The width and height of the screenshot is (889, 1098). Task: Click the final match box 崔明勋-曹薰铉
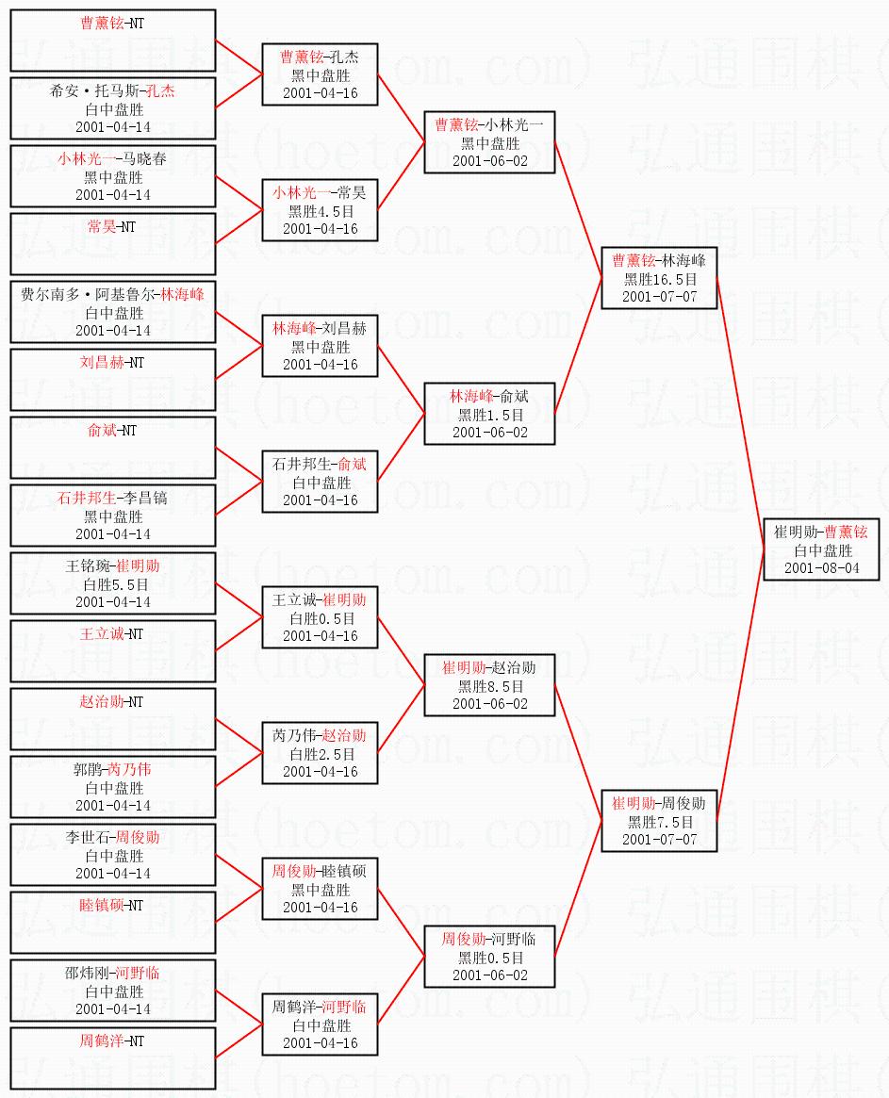(821, 549)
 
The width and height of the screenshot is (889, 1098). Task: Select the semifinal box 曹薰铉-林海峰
(659, 278)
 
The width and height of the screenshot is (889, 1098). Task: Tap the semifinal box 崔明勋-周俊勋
(659, 821)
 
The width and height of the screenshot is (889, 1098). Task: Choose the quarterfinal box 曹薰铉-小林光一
(489, 142)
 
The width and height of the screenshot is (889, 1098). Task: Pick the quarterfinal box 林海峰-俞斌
(489, 414)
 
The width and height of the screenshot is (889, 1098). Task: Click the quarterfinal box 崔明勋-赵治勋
(489, 685)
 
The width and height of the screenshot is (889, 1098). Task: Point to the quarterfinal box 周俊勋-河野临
(489, 957)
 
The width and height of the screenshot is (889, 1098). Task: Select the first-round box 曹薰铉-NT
(113, 41)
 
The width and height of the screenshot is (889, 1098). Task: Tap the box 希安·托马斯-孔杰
(113, 108)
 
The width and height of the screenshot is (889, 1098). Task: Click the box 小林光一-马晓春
(113, 176)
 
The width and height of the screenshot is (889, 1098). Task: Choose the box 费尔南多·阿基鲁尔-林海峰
(113, 312)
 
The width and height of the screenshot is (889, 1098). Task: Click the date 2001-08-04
(822, 568)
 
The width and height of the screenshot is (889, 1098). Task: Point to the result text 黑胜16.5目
(660, 279)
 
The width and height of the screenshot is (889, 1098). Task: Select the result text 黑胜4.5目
(321, 211)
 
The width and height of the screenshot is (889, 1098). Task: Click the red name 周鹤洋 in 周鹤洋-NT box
(96, 1041)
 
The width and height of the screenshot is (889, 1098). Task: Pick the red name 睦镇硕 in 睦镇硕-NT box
(96, 906)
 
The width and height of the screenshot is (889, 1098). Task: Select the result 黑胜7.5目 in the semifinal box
(660, 822)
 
